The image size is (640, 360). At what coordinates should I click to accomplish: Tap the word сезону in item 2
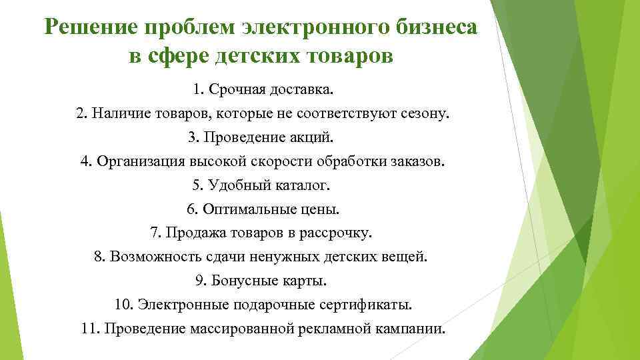click(x=427, y=114)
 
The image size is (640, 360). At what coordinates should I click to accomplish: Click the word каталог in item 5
click(x=305, y=186)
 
